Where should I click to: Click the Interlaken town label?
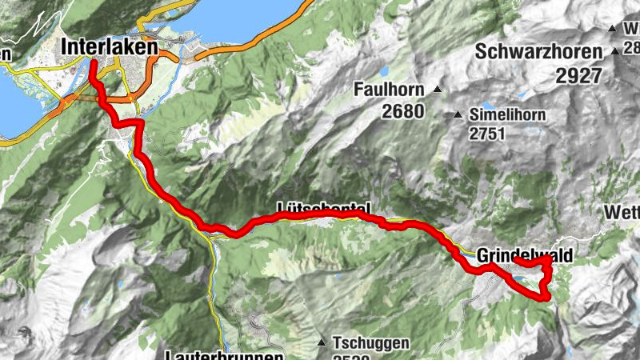[x=110, y=48]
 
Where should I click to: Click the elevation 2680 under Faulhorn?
[x=402, y=111]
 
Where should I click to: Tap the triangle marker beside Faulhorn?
[x=437, y=89]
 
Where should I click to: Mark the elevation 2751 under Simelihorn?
[x=488, y=134]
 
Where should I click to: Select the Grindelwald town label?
[x=525, y=254]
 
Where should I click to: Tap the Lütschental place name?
[x=323, y=207]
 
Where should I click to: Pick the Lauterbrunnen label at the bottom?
[x=226, y=354]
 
